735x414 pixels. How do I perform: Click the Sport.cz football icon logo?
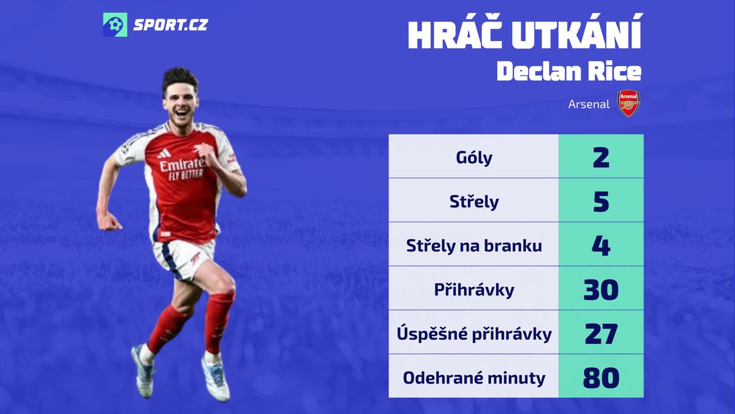coord(115,25)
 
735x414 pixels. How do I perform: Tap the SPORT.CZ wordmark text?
coord(171,25)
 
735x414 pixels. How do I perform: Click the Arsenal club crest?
coord(628,103)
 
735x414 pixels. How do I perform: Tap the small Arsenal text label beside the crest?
coord(589,104)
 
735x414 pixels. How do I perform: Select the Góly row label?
coord(474,158)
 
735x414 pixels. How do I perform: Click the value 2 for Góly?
coord(601,158)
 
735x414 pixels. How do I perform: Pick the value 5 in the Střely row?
coord(601,202)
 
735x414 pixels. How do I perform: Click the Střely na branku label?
coord(474,245)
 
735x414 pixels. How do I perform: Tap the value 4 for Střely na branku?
coord(601,246)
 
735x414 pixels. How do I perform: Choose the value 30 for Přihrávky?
coord(601,289)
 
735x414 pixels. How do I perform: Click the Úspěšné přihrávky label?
coord(474,334)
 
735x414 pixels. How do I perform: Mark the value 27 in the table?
coord(601,334)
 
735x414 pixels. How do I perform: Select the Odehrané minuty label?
coord(474,378)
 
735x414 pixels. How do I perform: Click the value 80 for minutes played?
coord(601,378)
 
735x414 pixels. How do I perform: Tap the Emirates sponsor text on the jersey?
coord(182,164)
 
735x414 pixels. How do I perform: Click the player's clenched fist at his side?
coord(109,221)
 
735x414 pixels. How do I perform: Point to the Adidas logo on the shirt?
coord(164,153)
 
